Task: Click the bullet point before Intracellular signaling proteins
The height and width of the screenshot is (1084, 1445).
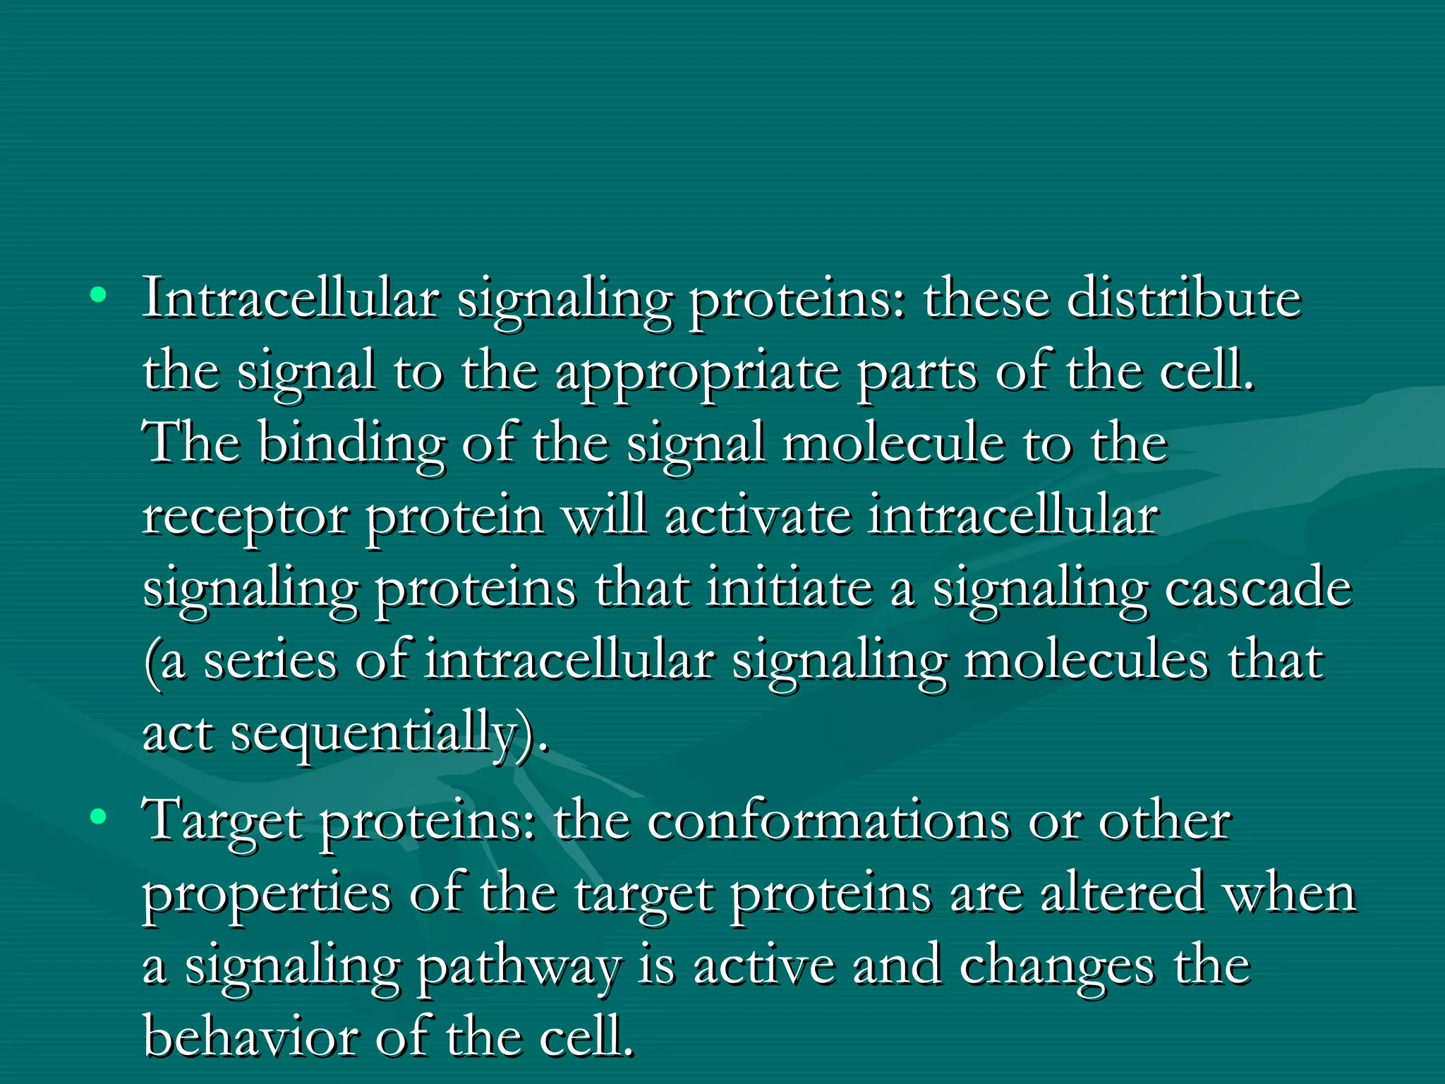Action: (x=99, y=295)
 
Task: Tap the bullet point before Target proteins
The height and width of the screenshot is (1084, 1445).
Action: (x=99, y=817)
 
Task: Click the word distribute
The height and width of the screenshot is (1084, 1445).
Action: (x=1183, y=299)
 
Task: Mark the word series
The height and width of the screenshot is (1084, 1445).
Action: (x=270, y=661)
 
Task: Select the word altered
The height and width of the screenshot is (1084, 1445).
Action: (x=1122, y=893)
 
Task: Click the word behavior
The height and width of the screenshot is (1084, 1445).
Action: (x=249, y=1037)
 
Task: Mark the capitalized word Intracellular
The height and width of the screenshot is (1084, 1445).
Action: (x=291, y=299)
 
